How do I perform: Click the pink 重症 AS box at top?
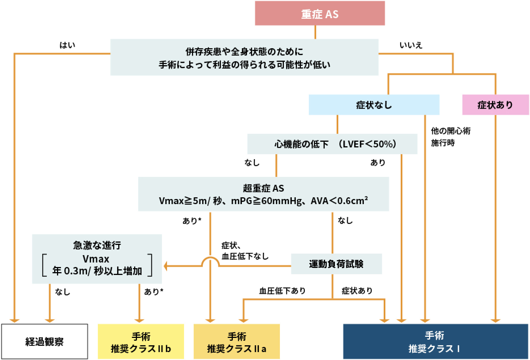coord(320,13)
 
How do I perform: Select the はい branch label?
coord(67,45)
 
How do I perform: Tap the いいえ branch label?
coord(411,45)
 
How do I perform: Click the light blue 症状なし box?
coord(374,105)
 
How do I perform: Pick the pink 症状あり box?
coord(495,105)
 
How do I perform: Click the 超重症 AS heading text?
coord(263,188)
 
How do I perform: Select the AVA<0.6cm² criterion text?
coord(339,201)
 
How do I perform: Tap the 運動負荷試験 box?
coord(336,264)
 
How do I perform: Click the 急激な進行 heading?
coord(97,245)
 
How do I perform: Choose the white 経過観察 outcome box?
coord(45,342)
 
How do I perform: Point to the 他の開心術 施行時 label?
coord(450,137)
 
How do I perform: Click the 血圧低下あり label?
coord(282,291)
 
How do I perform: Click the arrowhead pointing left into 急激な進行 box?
coord(166,266)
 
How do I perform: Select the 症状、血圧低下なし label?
coord(244,251)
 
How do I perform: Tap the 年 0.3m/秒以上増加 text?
coord(97,271)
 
